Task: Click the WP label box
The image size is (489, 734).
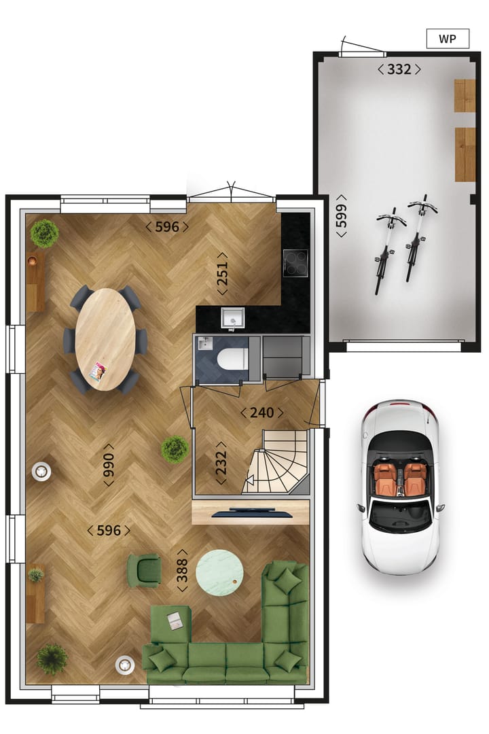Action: point(448,39)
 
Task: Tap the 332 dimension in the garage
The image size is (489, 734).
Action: point(399,69)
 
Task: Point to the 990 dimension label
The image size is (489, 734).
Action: point(109,464)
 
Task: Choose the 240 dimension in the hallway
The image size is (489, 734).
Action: point(261,413)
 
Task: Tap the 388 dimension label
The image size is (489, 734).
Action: point(182,570)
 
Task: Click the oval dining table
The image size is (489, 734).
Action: point(105,338)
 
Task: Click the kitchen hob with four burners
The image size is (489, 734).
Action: point(295,262)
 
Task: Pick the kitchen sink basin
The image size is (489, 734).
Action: point(232,317)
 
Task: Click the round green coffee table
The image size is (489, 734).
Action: point(219,572)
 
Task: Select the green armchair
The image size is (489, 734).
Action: point(144,570)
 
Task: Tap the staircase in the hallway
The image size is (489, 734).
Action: point(280,466)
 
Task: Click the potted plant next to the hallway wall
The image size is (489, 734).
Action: point(175,449)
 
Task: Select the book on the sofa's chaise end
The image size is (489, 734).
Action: point(175,620)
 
